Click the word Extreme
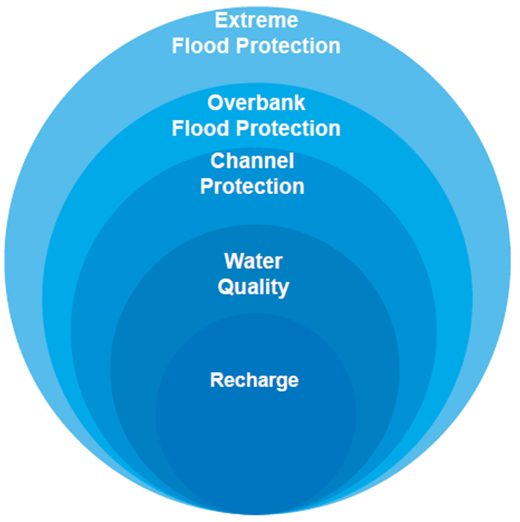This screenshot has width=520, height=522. pos(256,19)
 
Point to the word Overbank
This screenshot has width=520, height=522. pos(256,103)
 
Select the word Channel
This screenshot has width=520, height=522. pos(252,161)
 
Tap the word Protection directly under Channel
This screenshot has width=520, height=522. pos(252,186)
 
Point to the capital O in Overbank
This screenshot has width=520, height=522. pos(216,103)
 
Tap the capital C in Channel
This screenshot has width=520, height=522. pos(218,161)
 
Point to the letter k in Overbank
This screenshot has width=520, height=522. pos(299,103)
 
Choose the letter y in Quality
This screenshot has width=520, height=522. pos(283,289)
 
